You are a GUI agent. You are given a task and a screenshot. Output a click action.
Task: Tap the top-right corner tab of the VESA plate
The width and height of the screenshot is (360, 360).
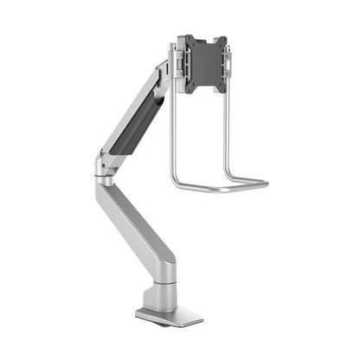222,40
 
